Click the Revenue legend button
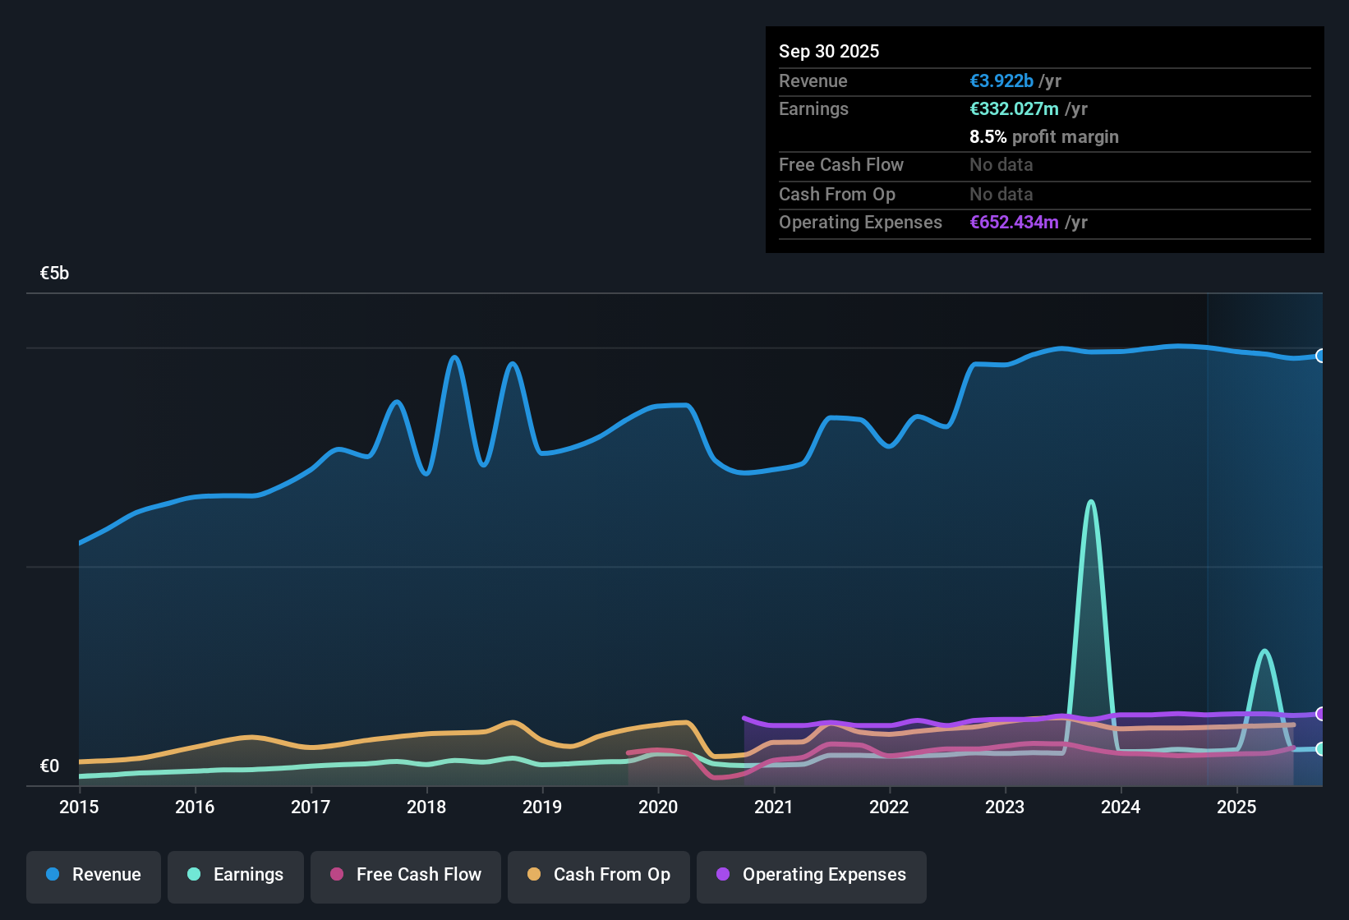tap(94, 875)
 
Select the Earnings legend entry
tap(236, 875)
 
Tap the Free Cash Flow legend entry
tap(406, 875)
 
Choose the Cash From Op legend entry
tap(599, 875)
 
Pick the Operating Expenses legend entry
tap(812, 875)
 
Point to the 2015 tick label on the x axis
tap(79, 807)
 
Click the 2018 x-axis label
tap(426, 807)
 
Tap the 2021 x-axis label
tap(773, 807)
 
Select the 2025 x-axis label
tap(1236, 807)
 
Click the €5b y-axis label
tap(54, 274)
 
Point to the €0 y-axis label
tap(49, 766)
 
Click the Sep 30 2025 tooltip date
tap(829, 52)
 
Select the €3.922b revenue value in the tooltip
tap(1001, 81)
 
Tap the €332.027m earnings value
tap(1014, 109)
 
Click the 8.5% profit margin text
tap(1044, 137)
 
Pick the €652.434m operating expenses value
tap(1014, 223)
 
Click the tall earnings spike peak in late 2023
tap(1090, 502)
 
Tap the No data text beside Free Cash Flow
tap(1001, 165)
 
